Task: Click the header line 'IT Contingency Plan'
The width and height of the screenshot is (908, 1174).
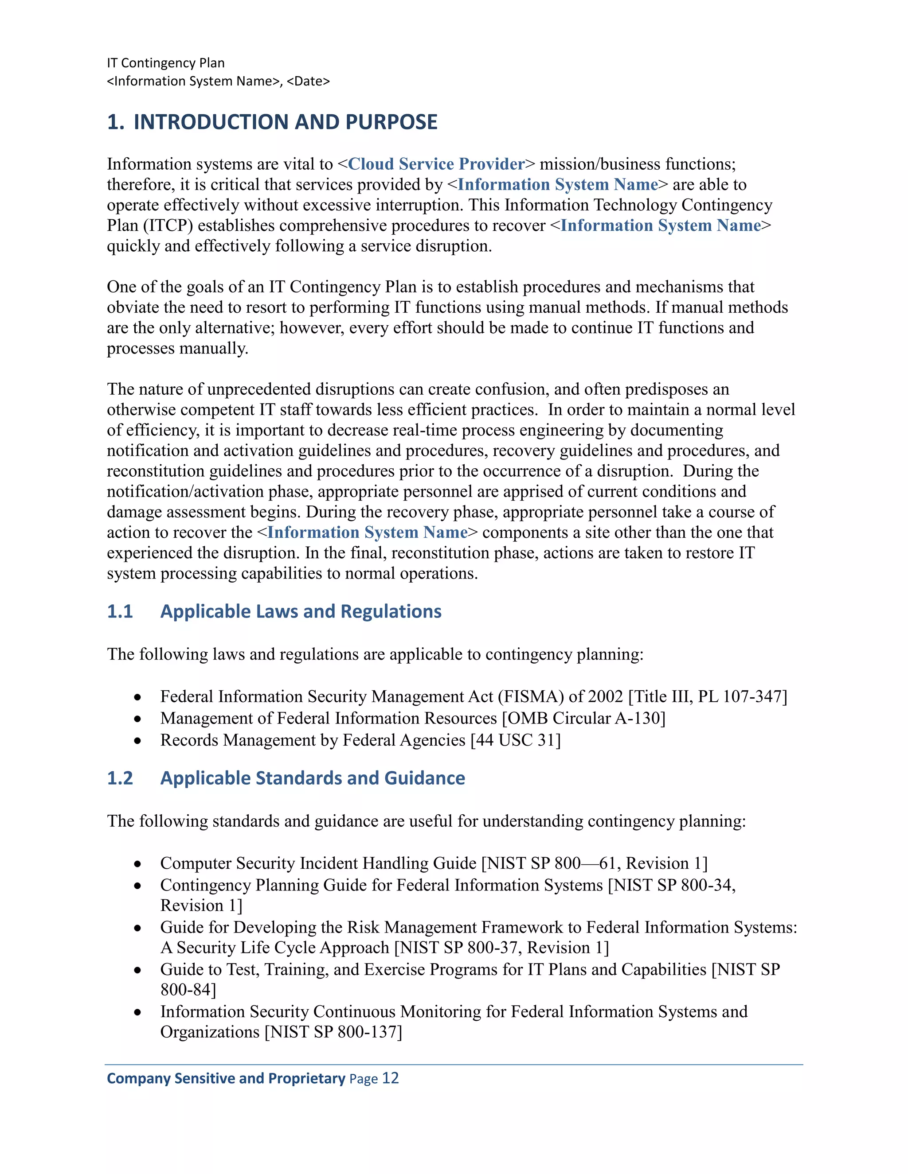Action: (166, 63)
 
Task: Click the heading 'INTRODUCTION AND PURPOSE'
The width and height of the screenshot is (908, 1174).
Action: (285, 122)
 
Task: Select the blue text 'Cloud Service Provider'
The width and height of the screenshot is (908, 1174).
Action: (436, 164)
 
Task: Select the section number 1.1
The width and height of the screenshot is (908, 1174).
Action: (119, 611)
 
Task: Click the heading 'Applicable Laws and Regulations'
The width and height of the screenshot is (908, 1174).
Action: (301, 611)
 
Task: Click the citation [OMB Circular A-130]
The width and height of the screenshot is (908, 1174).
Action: (583, 718)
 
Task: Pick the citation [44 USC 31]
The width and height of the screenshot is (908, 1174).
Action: (515, 740)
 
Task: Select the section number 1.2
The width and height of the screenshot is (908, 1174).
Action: (119, 778)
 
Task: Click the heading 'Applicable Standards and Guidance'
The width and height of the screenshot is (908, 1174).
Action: (313, 778)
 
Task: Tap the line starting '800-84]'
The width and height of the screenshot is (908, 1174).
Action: (188, 990)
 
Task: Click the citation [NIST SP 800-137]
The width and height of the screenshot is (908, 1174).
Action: (333, 1032)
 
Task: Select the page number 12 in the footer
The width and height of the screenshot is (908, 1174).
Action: (391, 1078)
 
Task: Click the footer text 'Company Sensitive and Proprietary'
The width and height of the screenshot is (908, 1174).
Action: (226, 1078)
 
